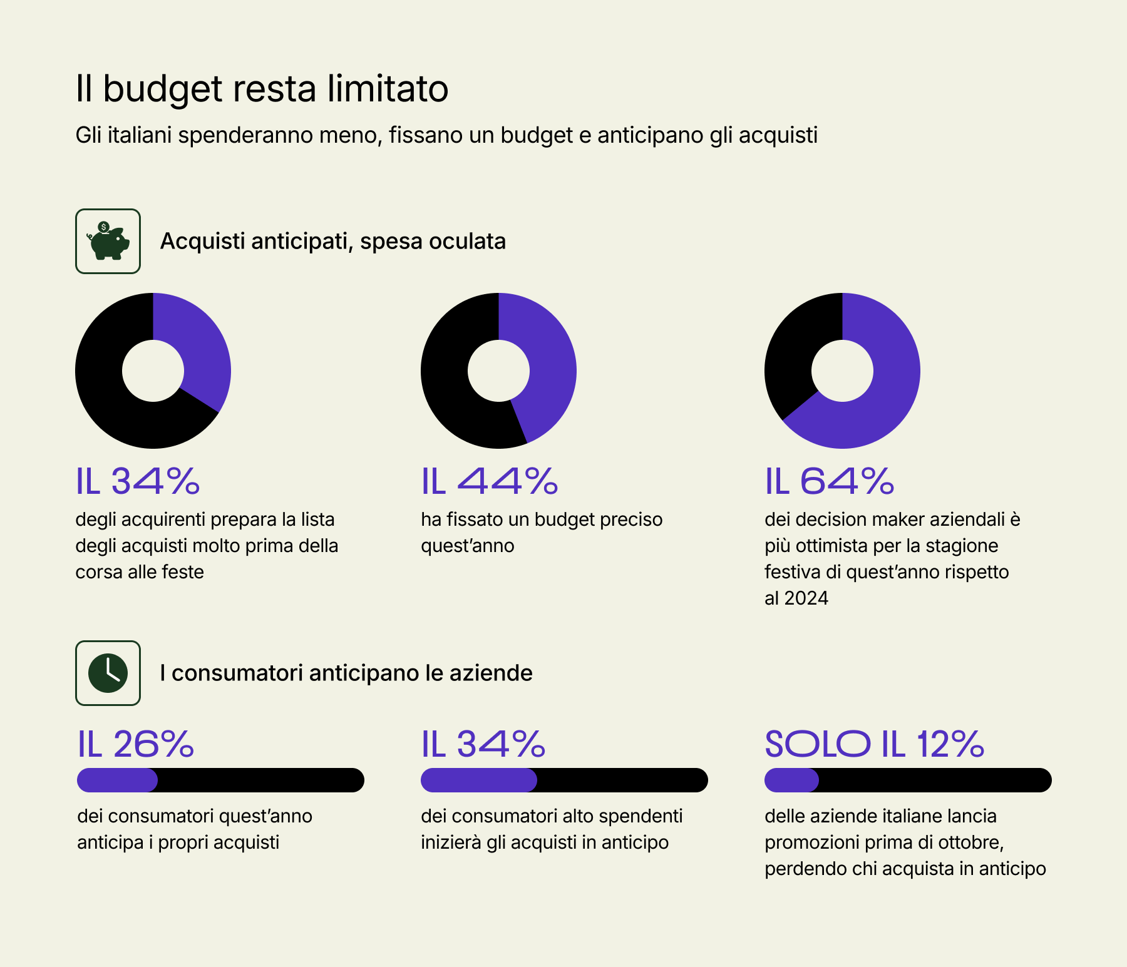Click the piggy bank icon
coord(108,241)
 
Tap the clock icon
coord(108,673)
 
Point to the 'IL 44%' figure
coord(489,481)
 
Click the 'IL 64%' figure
coord(829,481)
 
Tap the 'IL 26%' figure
coord(135,744)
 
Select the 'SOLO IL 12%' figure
coord(874,744)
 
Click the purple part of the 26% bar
coord(116,780)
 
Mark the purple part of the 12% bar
coord(791,780)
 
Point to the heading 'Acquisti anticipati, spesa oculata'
coord(332,241)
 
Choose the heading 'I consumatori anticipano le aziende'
coord(346,673)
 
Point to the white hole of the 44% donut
coord(498,371)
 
